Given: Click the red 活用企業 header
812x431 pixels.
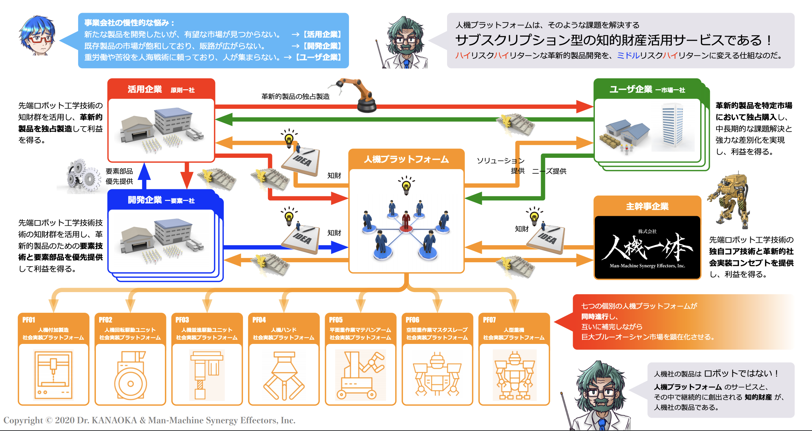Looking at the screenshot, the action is tap(161, 89).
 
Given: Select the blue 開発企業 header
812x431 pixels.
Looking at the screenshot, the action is tap(161, 200).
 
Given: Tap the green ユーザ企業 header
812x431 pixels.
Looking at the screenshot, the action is tap(647, 89).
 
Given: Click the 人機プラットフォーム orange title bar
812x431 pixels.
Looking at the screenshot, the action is tap(406, 159).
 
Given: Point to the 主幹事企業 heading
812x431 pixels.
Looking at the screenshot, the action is tap(647, 206).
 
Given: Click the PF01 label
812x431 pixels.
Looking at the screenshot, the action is tap(29, 320).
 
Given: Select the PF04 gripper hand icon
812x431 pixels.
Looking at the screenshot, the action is tap(284, 375).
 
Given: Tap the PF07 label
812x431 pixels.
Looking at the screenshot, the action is tap(489, 320).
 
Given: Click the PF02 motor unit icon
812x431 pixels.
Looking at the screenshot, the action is tap(130, 375).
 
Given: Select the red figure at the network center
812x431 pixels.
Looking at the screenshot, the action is tap(406, 220).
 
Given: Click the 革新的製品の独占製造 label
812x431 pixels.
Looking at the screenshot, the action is tap(296, 97).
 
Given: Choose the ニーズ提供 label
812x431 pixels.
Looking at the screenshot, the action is tap(549, 171).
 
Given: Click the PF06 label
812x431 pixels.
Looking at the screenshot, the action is tap(413, 320).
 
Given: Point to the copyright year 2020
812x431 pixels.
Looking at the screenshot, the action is tap(65, 420).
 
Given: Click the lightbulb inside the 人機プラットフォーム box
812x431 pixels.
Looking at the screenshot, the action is tap(406, 186).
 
